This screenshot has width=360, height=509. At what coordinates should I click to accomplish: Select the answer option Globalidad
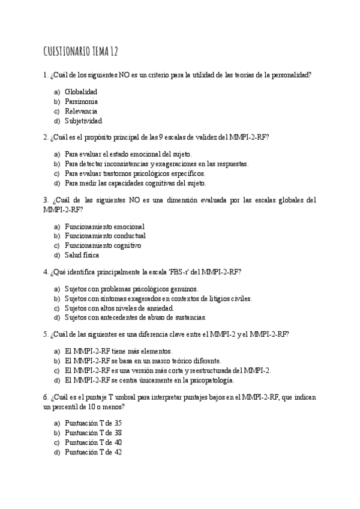tap(81, 92)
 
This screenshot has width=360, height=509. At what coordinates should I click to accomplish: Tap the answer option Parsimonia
tap(82, 101)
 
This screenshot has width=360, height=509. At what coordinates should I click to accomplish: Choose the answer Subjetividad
tap(83, 121)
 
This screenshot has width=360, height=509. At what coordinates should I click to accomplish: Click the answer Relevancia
tap(81, 111)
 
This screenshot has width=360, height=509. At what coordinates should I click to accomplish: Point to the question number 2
tap(46, 137)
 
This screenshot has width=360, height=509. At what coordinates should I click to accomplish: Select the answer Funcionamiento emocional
tap(104, 226)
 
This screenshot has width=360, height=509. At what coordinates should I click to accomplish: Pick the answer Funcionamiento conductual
tap(105, 236)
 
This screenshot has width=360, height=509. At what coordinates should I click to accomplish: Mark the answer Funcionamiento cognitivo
tap(103, 245)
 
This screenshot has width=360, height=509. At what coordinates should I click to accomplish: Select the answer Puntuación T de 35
tap(93, 423)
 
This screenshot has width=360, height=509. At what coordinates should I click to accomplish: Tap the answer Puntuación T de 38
tap(93, 433)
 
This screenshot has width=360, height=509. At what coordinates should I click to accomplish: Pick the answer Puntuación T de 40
tap(93, 442)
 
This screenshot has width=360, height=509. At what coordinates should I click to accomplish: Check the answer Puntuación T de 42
tap(93, 452)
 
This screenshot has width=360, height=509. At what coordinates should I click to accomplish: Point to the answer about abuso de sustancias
tap(135, 318)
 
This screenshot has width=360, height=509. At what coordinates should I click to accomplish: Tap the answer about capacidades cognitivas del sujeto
tap(135, 183)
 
